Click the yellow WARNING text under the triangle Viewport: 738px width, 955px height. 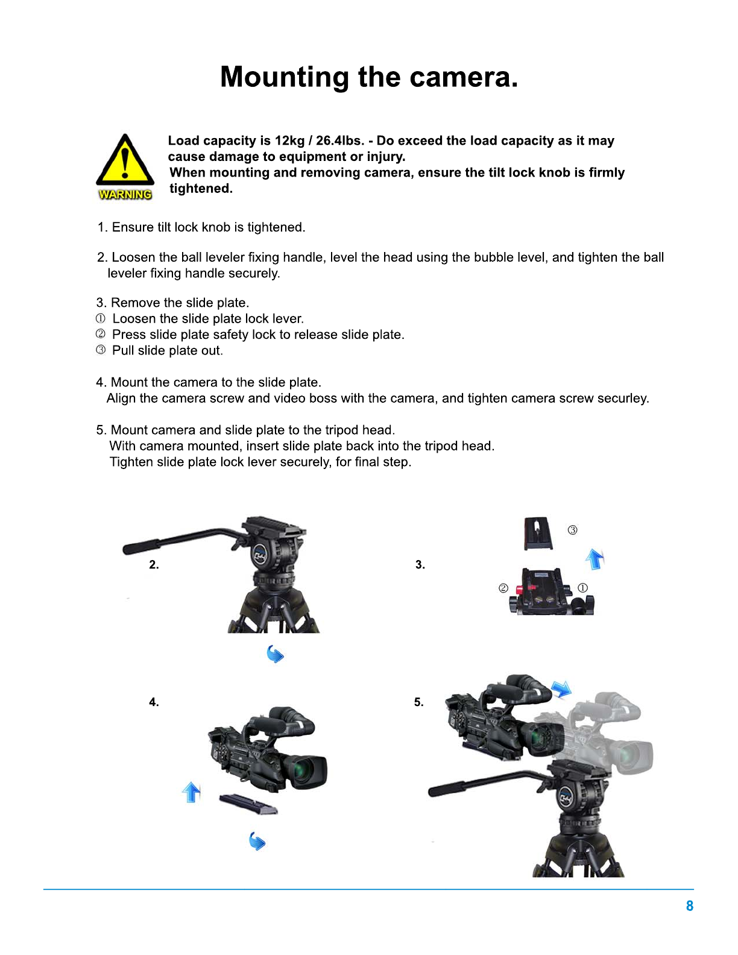125,194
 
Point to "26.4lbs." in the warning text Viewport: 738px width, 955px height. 340,140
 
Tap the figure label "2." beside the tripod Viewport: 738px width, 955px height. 154,564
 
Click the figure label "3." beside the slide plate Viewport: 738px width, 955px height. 420,564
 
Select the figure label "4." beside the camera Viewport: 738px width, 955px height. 154,702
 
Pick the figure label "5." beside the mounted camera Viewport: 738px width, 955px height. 419,702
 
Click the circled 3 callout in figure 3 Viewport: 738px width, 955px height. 572,530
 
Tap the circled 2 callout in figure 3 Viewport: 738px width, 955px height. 503,588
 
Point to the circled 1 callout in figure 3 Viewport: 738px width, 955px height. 582,588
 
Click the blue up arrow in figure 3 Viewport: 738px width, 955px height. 594,559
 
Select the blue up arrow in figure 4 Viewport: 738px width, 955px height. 191,792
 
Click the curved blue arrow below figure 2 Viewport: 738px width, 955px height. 275,654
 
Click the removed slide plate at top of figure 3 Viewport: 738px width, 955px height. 538,534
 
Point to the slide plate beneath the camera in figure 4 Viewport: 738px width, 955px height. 248,804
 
